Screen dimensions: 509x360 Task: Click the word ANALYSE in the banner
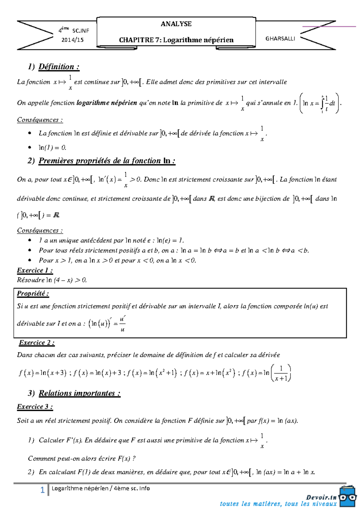(x=176, y=24)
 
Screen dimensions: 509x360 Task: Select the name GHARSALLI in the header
(x=280, y=39)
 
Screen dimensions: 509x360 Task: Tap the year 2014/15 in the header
(x=72, y=40)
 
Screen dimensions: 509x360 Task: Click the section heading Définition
(x=59, y=67)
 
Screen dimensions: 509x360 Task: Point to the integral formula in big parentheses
(x=320, y=103)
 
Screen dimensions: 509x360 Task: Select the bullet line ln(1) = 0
(x=52, y=147)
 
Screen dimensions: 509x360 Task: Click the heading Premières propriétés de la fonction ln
(x=106, y=161)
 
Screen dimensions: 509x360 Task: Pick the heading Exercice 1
(x=35, y=270)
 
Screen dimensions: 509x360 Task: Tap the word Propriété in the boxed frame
(x=33, y=293)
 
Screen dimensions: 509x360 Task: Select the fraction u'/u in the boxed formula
(x=122, y=324)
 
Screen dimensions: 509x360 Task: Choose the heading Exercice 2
(x=37, y=343)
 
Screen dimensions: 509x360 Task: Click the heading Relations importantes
(x=79, y=393)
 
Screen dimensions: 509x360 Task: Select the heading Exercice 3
(x=35, y=407)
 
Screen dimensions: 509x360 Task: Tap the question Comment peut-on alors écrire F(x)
(x=82, y=458)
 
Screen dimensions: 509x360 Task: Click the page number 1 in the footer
(x=42, y=490)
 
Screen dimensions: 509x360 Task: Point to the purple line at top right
(x=329, y=27)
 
